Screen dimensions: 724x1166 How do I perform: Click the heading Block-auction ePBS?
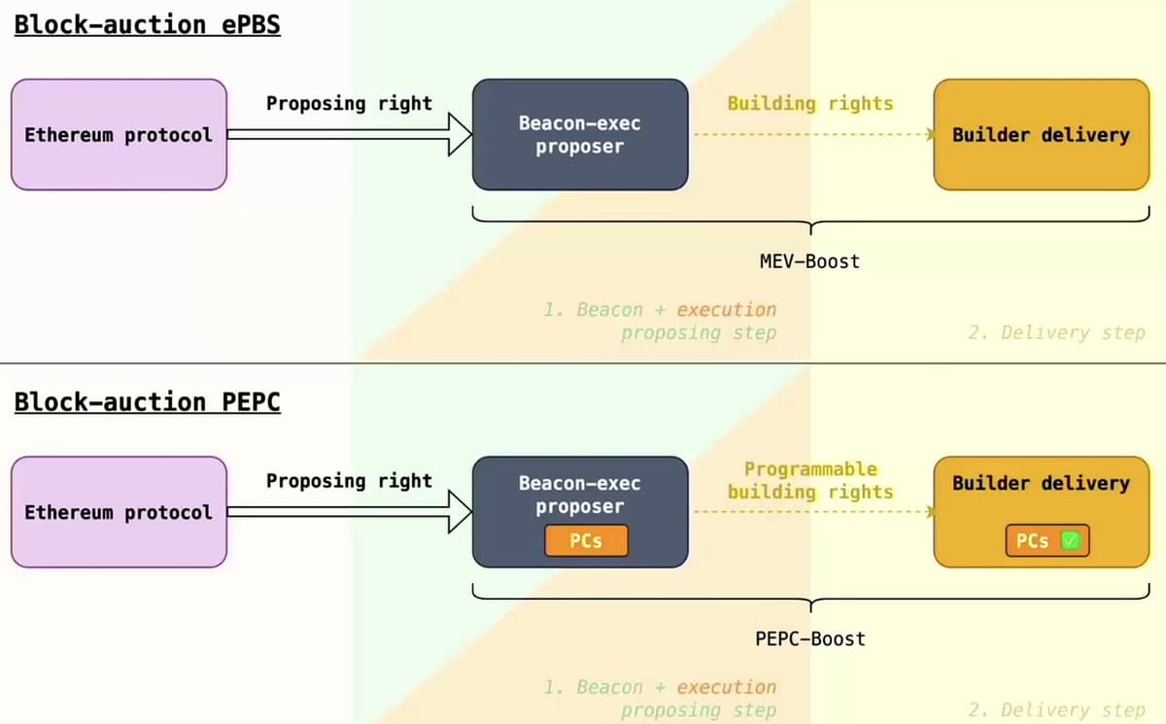point(147,24)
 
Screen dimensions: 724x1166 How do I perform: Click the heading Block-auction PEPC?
point(147,401)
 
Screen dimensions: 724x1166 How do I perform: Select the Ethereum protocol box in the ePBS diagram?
point(119,134)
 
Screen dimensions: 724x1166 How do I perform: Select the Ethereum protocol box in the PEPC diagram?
point(119,512)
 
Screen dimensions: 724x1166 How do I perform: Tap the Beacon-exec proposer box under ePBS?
point(580,134)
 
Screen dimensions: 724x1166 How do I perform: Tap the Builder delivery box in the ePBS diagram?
point(1041,134)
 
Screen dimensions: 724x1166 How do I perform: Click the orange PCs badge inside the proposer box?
point(586,541)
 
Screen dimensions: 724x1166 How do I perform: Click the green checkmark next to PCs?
point(1070,541)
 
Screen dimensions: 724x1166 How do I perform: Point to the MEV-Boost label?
point(809,261)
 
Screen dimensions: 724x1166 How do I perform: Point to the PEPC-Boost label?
point(809,638)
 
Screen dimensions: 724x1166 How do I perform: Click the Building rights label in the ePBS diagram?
point(809,103)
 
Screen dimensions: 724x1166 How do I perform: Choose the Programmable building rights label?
point(810,481)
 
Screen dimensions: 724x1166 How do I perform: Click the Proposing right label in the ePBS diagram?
point(349,103)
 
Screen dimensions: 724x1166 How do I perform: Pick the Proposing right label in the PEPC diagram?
point(349,481)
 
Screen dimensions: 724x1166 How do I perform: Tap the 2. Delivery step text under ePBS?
point(1056,332)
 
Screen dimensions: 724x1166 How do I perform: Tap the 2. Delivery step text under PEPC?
point(1056,710)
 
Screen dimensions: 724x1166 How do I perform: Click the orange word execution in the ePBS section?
point(727,310)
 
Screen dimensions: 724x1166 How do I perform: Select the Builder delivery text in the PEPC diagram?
point(1041,483)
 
